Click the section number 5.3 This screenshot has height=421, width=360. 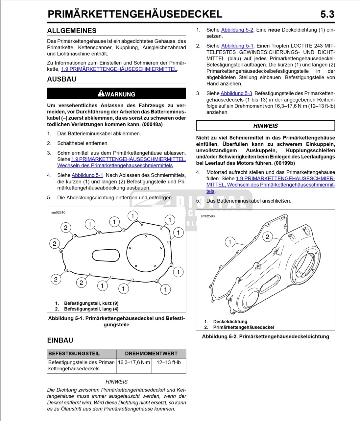[327, 14]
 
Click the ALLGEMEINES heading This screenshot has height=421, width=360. [72, 31]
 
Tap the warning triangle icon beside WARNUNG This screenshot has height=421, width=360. [101, 93]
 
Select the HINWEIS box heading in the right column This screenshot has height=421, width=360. [265, 126]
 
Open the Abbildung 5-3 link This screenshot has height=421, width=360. [236, 93]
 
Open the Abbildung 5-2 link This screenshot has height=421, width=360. [237, 30]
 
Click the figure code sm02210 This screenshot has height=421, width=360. [58, 212]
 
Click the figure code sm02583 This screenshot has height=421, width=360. [208, 216]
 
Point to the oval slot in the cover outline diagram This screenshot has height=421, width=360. [106, 255]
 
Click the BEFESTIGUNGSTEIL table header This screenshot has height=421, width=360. [74, 353]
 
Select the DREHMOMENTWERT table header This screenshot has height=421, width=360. [151, 353]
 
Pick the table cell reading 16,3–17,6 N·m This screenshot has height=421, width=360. [134, 362]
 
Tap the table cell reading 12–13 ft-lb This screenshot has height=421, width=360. [169, 362]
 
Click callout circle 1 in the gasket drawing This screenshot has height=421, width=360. [230, 242]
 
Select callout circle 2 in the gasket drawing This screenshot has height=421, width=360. [267, 237]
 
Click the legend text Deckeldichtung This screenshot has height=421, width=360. [230, 321]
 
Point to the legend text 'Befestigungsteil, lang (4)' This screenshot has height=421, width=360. [91, 309]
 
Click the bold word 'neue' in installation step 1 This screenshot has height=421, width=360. [274, 30]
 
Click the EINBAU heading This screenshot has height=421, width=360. [60, 340]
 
